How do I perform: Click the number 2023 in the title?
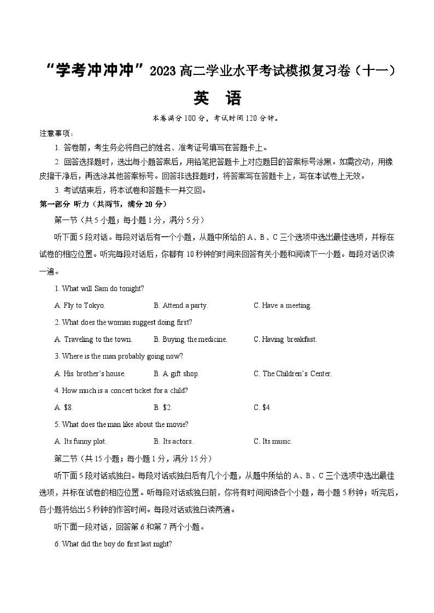coord(163,71)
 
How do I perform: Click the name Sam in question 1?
coord(101,289)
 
